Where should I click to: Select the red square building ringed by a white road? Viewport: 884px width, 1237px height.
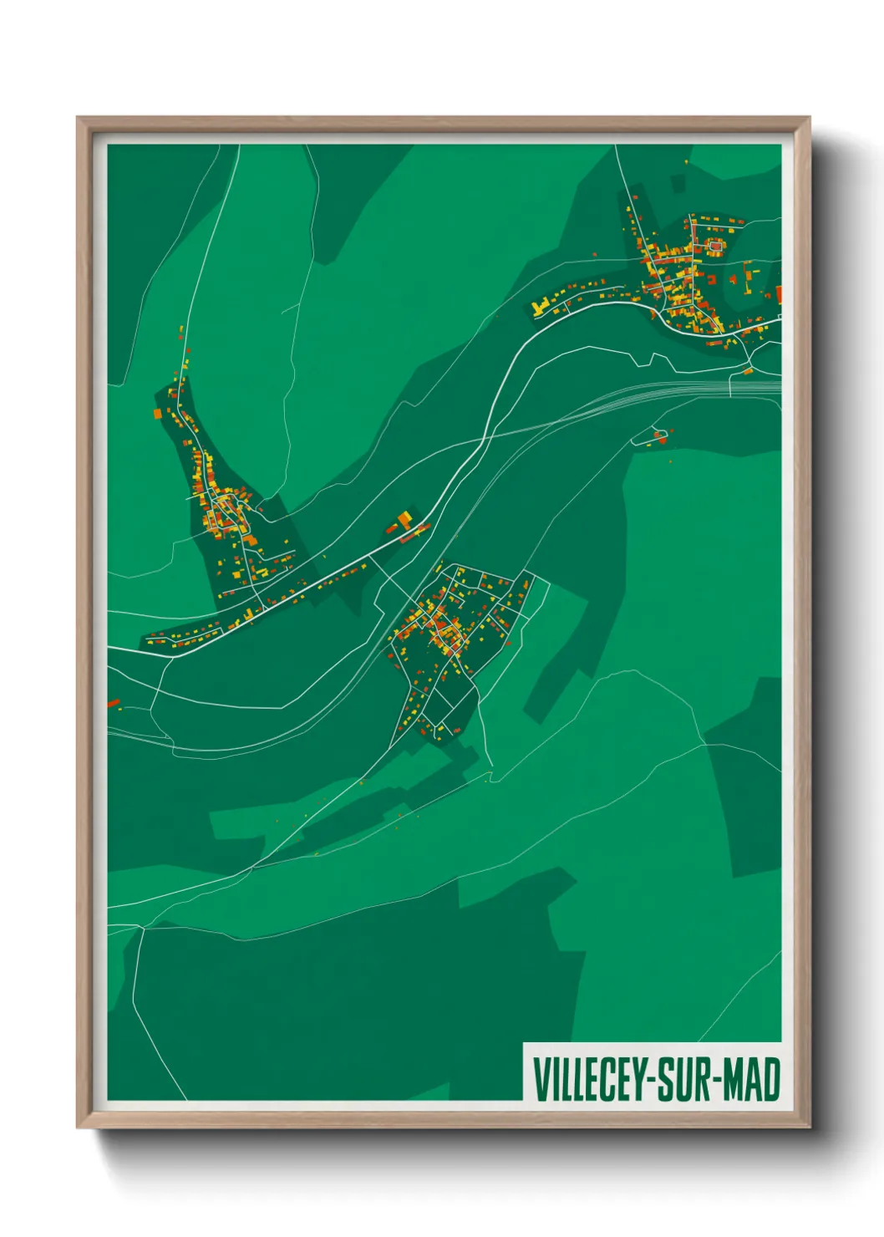pyautogui.click(x=714, y=247)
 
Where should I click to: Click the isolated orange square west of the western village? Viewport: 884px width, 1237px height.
pyautogui.click(x=157, y=413)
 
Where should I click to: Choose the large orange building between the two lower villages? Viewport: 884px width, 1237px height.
pyautogui.click(x=404, y=520)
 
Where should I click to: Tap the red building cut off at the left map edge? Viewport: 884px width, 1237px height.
pyautogui.click(x=113, y=703)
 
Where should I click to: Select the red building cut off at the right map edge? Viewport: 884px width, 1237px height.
pyautogui.click(x=779, y=293)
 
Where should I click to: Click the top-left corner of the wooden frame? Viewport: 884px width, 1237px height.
pyautogui.click(x=79, y=119)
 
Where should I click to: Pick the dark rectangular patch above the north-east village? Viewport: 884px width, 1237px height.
pyautogui.click(x=677, y=183)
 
